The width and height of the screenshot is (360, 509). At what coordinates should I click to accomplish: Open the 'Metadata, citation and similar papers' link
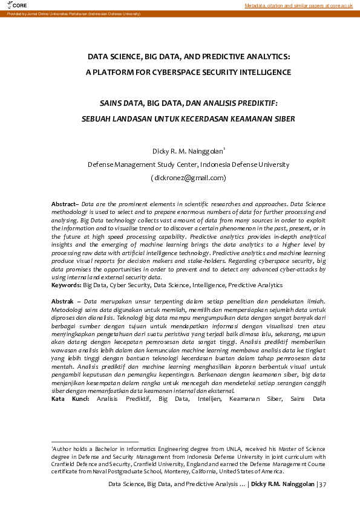pyautogui.click(x=299, y=5)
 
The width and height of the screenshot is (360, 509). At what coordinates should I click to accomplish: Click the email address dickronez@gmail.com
pyautogui.click(x=189, y=178)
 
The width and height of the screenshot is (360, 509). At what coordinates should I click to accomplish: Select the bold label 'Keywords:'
pyautogui.click(x=67, y=284)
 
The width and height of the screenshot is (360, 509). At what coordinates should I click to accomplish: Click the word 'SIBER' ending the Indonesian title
pyautogui.click(x=283, y=118)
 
